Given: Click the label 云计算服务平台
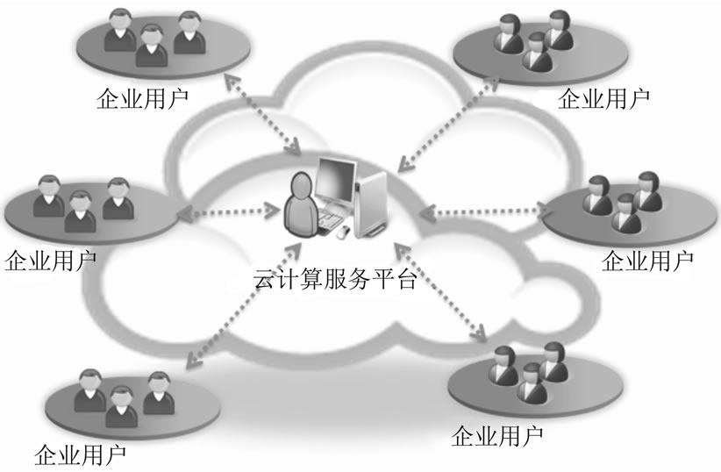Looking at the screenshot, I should pos(336,282).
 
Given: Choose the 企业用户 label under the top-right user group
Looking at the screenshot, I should pos(604,96).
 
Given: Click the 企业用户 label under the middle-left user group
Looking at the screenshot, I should pos(50,259).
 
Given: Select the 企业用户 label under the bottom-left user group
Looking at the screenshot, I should pos(80,455).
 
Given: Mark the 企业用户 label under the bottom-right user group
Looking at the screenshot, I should pos(496,434).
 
